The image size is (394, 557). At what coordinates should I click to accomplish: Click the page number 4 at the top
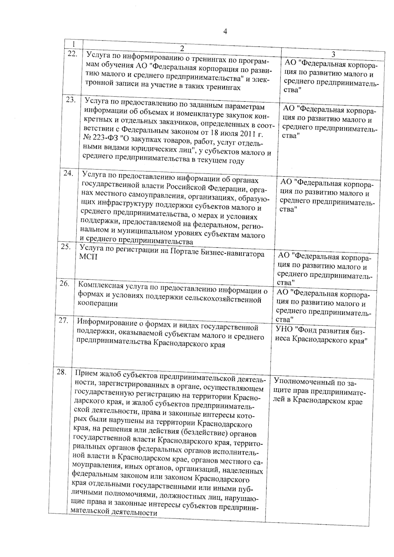point(225,32)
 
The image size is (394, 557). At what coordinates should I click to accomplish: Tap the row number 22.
point(72,54)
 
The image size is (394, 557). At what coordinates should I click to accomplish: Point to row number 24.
point(68,173)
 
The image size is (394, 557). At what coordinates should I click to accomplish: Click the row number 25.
point(66,247)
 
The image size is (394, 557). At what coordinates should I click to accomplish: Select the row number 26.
point(64,283)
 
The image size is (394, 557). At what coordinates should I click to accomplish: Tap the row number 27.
point(63,320)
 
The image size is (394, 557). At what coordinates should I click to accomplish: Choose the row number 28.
point(61,372)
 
